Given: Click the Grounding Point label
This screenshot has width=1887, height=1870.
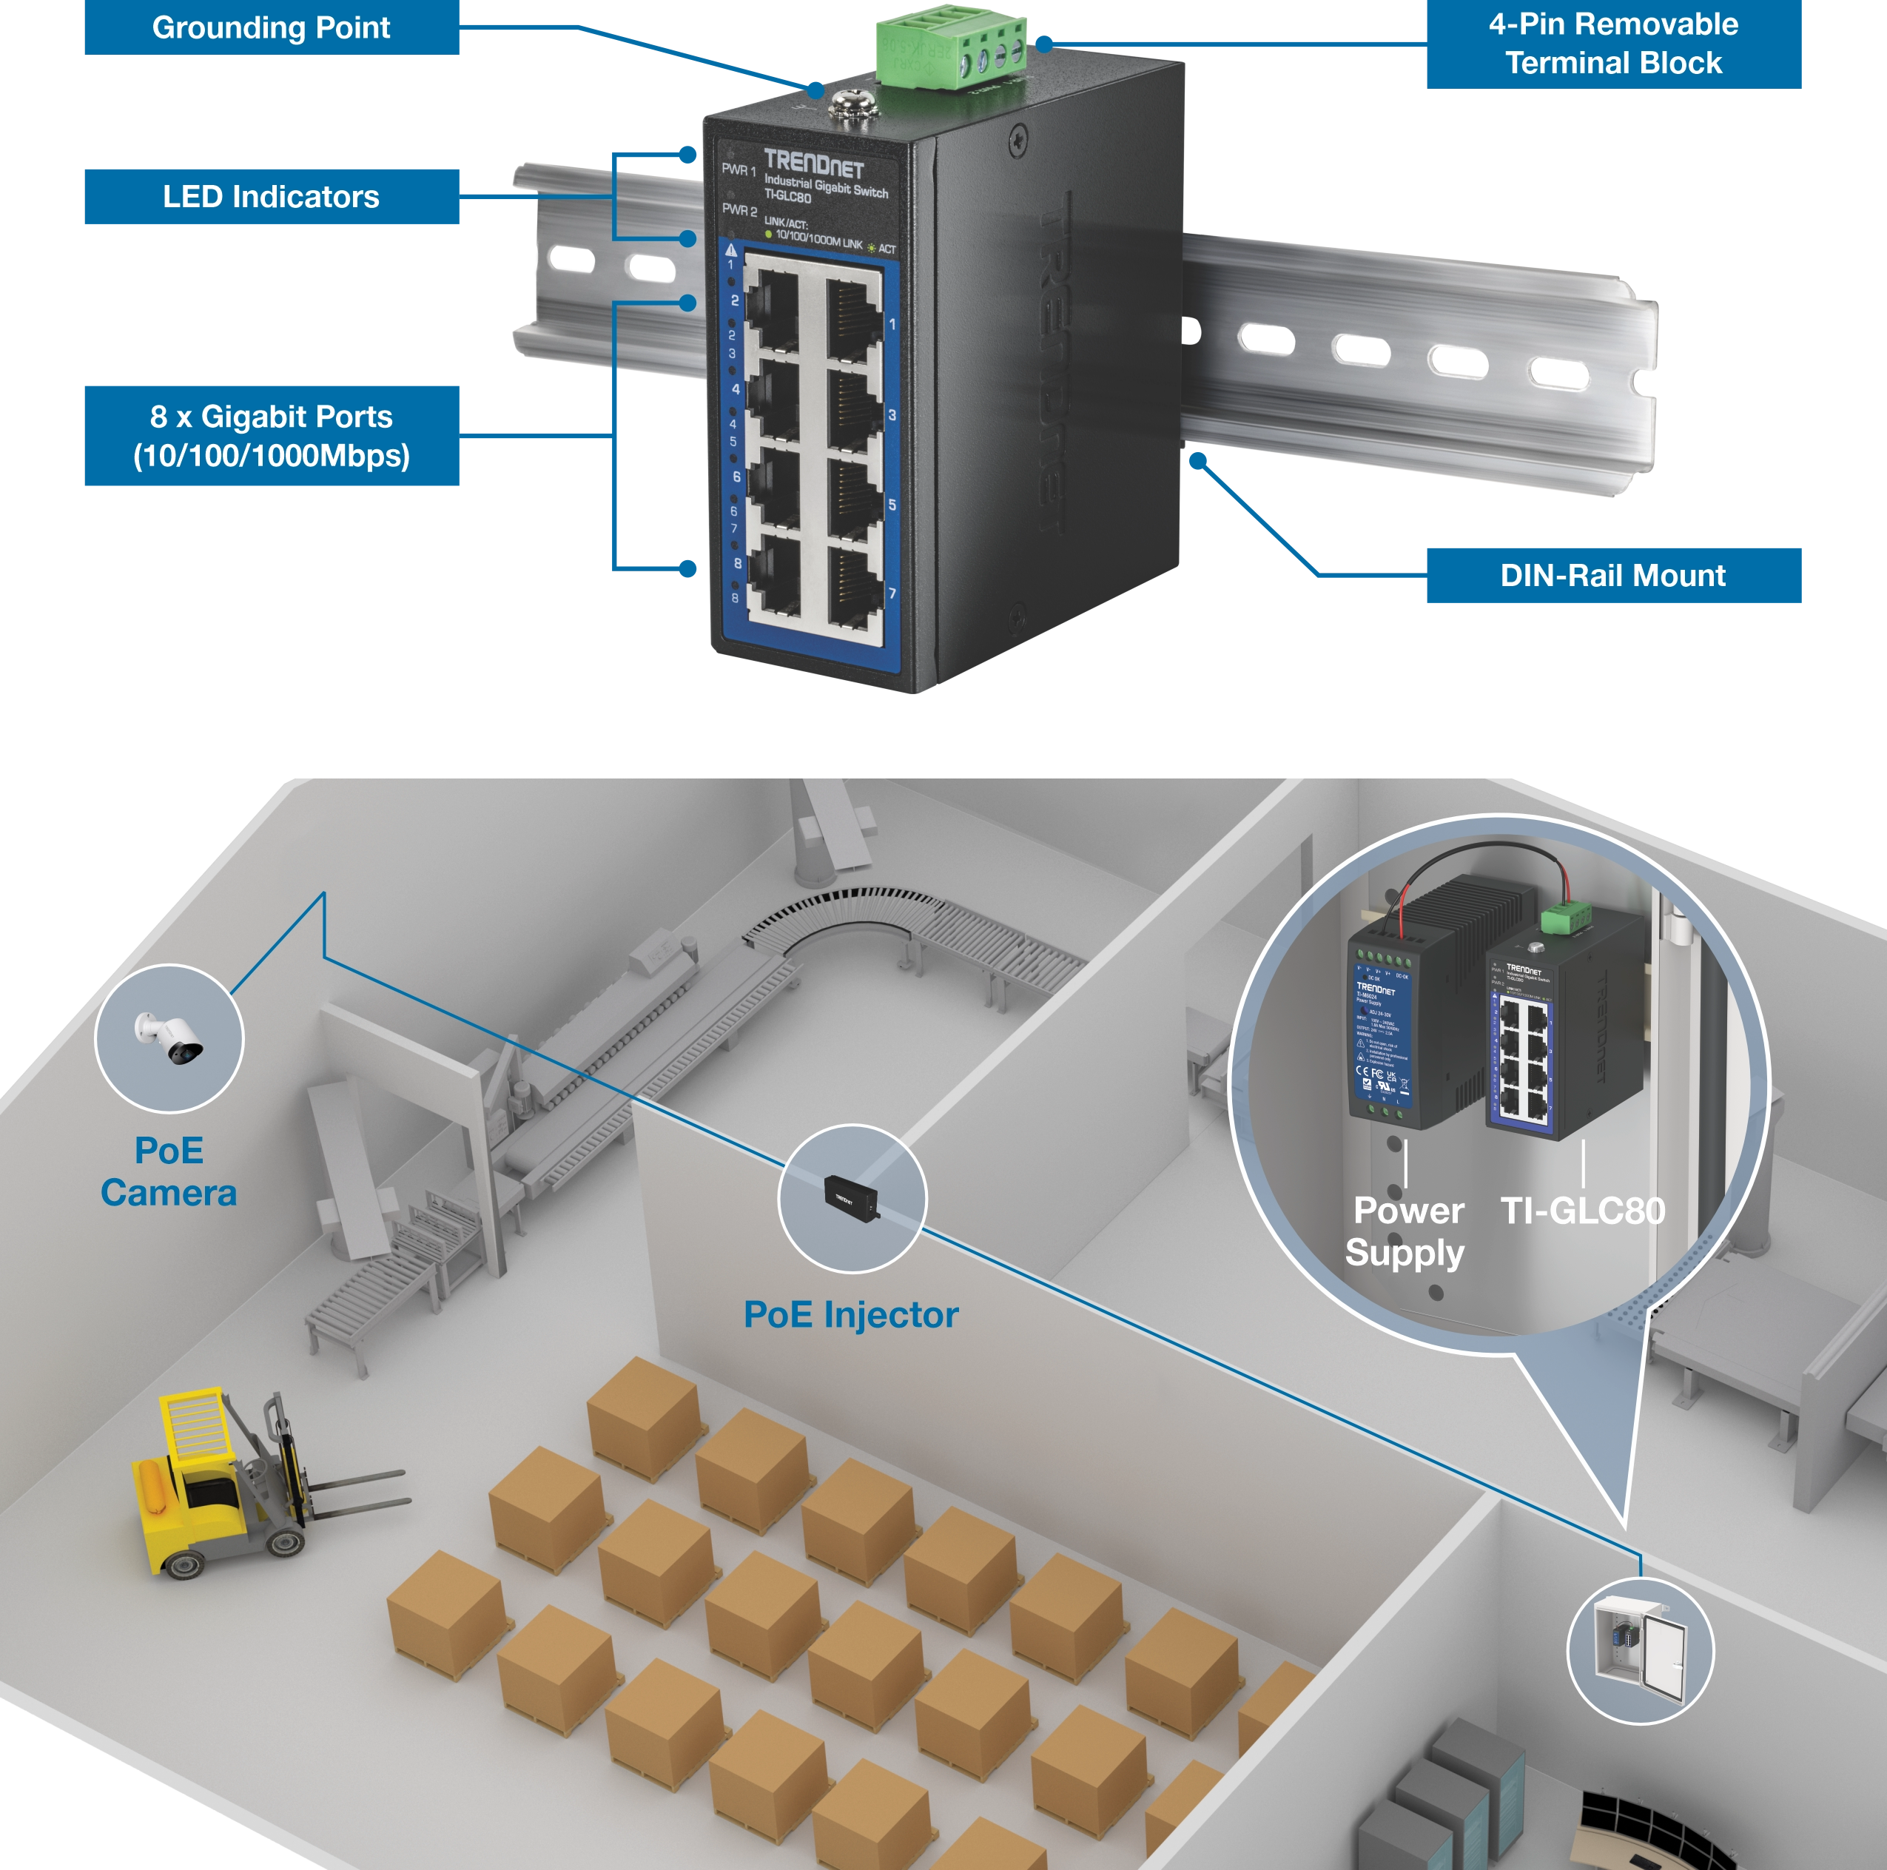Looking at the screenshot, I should pyautogui.click(x=271, y=28).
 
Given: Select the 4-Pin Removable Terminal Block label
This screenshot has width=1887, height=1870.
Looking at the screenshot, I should pyautogui.click(x=1612, y=44).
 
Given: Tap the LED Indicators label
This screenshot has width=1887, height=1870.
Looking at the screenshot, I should pyautogui.click(x=271, y=198).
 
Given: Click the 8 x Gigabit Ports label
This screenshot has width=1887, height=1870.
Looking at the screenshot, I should pyautogui.click(x=271, y=437).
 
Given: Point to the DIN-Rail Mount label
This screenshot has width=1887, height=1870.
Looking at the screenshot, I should pyautogui.click(x=1612, y=575).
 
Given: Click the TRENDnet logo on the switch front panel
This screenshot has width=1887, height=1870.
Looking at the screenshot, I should pyautogui.click(x=813, y=162).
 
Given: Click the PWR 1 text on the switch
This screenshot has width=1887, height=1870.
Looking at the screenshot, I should pyautogui.click(x=739, y=170).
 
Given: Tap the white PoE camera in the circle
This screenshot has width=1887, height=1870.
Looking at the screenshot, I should pyautogui.click(x=171, y=1037).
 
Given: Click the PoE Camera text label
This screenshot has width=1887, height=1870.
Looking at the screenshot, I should pyautogui.click(x=169, y=1171).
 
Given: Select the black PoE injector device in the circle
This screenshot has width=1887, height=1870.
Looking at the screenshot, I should pyautogui.click(x=851, y=1196).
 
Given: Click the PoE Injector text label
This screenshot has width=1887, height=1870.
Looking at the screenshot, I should pyautogui.click(x=851, y=1315).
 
